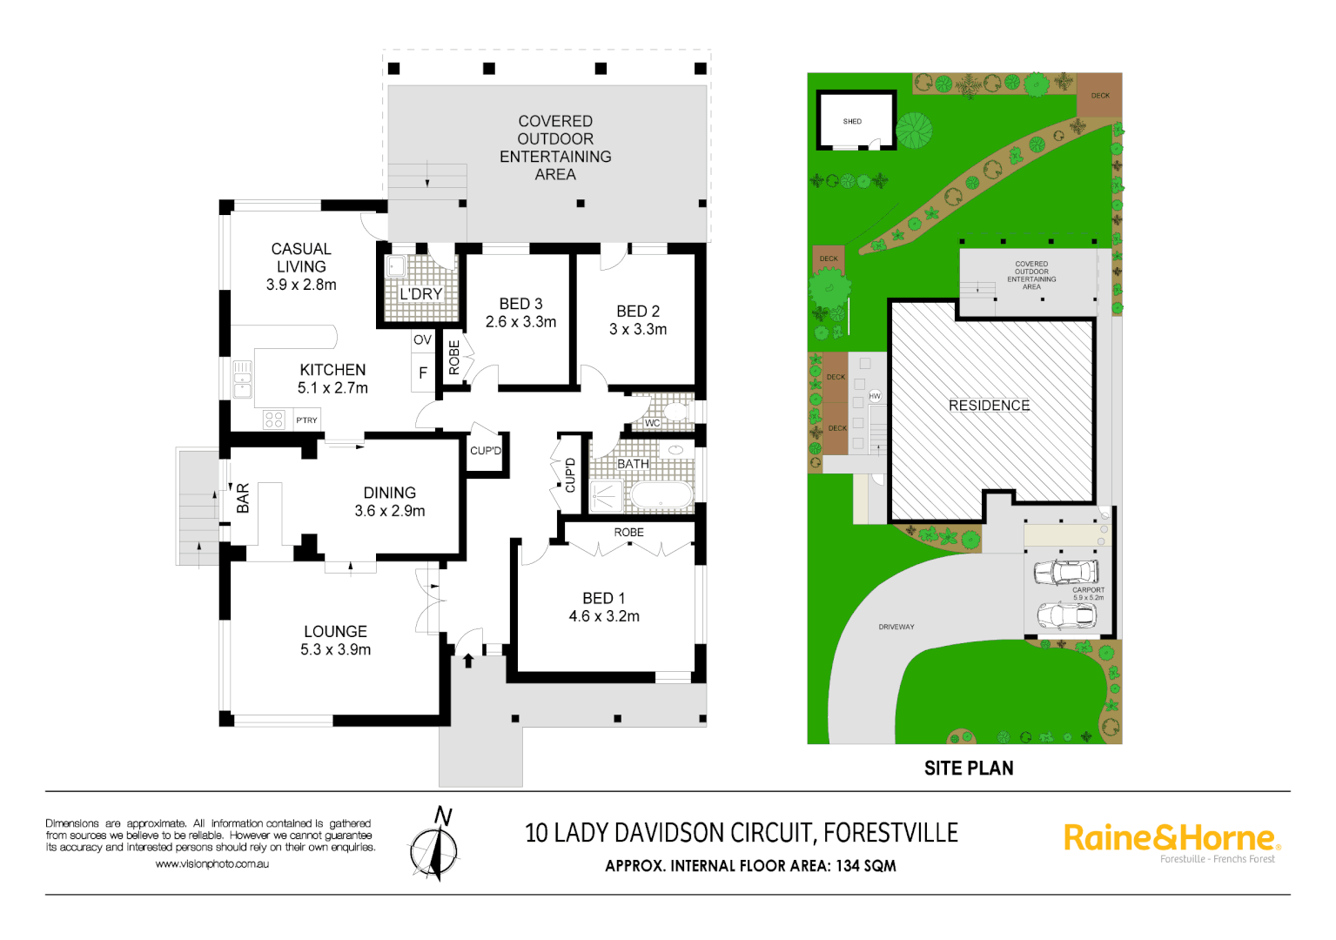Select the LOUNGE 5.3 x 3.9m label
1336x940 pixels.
(x=335, y=641)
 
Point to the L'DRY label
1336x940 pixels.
(x=421, y=294)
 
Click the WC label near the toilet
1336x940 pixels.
(x=652, y=423)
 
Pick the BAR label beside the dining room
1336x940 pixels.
(x=243, y=498)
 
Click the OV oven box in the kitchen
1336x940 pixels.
(x=422, y=340)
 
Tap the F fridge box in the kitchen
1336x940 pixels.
(x=423, y=373)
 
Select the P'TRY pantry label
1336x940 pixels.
(x=306, y=420)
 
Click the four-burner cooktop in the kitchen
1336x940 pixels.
(x=274, y=420)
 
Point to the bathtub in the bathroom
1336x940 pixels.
(x=661, y=495)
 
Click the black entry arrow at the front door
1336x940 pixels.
(x=468, y=661)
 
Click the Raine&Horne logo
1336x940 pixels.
(x=1172, y=840)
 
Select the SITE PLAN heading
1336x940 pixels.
(x=969, y=769)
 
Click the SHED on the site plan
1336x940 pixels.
(x=855, y=121)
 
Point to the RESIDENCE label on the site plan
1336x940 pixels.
(x=990, y=406)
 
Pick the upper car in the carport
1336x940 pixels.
(x=1066, y=572)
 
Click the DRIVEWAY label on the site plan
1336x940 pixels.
(x=896, y=627)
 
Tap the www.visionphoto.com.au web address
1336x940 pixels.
(x=212, y=864)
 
